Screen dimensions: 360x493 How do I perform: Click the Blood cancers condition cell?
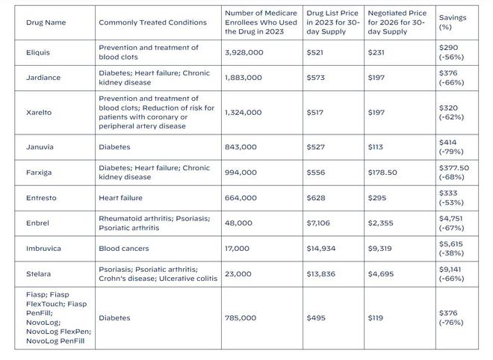pyautogui.click(x=123, y=248)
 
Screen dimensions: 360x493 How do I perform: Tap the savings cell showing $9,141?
pyautogui.click(x=453, y=273)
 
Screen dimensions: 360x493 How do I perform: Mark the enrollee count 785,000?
pyautogui.click(x=240, y=317)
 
